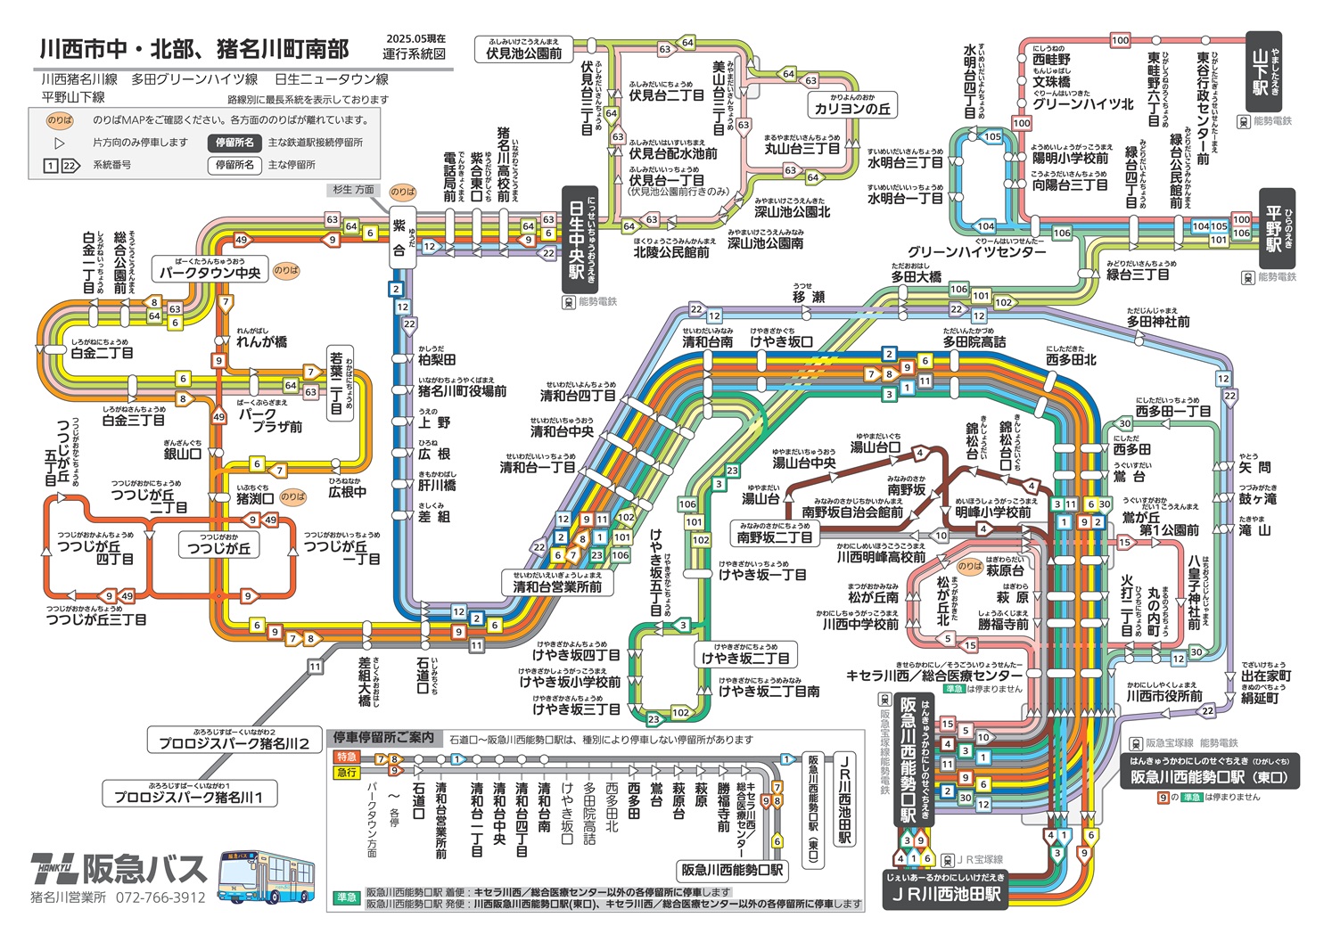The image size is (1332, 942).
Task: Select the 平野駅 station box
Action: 1273,230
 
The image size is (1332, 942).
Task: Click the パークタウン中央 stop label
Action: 210,273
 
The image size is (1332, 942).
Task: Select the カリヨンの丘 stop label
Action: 852,109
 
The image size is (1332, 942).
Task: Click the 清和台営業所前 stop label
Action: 557,586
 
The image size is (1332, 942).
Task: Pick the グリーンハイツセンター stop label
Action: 977,251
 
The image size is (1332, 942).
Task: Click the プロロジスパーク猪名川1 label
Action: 189,797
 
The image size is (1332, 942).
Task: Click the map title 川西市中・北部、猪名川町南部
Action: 194,50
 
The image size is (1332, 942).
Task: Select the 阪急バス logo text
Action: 144,868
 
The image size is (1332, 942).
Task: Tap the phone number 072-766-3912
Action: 160,897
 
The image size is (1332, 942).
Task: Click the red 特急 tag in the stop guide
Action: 346,757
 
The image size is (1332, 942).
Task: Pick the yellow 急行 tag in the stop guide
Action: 346,772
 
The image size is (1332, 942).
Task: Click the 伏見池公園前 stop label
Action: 523,53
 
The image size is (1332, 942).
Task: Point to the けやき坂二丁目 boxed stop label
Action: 745,658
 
